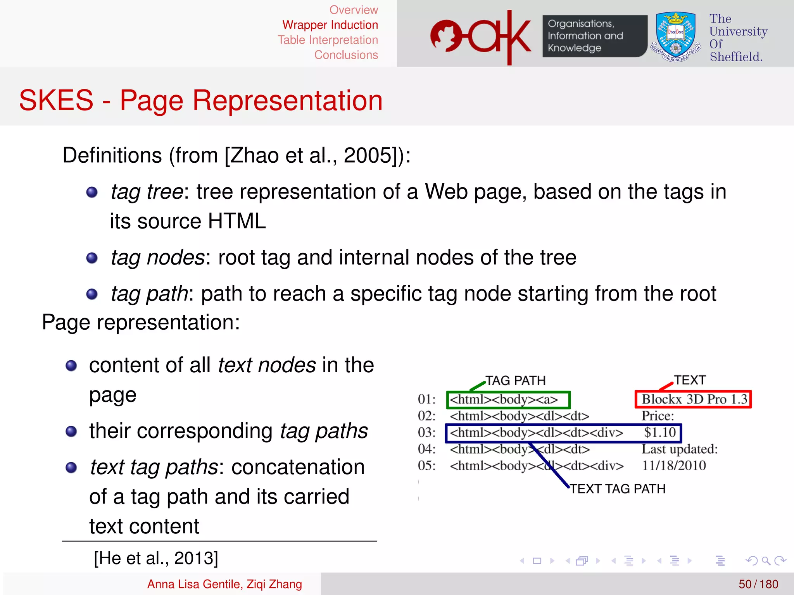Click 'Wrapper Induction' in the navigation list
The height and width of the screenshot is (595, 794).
(x=330, y=25)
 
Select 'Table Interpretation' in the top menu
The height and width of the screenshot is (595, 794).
(x=328, y=40)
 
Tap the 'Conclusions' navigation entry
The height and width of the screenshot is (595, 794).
(x=346, y=55)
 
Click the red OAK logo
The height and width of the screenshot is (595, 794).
(x=481, y=37)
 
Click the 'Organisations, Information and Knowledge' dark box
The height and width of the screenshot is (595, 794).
(x=594, y=36)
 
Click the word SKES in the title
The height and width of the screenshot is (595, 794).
(x=56, y=100)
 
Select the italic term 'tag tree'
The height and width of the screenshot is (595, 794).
(x=147, y=192)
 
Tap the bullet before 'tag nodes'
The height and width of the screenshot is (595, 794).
(x=92, y=258)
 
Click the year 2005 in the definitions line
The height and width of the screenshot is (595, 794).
(x=368, y=155)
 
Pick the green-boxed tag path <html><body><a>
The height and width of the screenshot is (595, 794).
(x=508, y=400)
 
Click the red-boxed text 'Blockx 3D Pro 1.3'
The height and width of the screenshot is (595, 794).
(x=693, y=399)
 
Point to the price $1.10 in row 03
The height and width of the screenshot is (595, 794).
(x=660, y=433)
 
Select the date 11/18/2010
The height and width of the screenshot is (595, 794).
(x=674, y=466)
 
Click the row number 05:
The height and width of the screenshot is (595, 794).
(x=426, y=466)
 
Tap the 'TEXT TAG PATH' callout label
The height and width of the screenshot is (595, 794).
(x=617, y=489)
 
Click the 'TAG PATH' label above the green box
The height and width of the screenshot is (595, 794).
(x=515, y=380)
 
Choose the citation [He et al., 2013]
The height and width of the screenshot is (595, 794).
(x=156, y=558)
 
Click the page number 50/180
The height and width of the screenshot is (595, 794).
(x=758, y=584)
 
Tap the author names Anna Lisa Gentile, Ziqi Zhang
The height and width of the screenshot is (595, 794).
(x=224, y=584)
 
